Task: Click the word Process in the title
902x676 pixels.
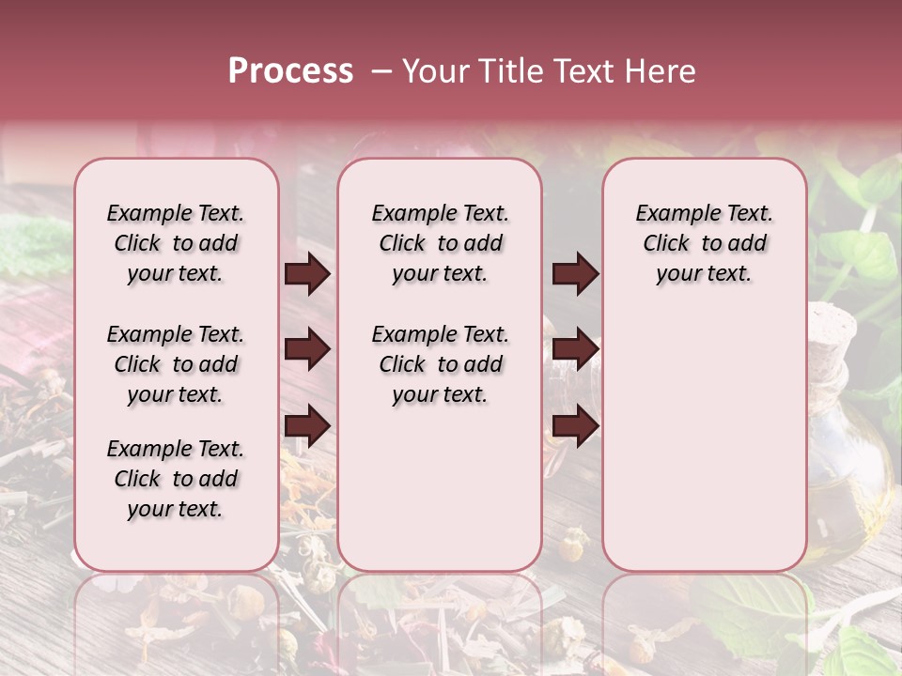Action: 290,71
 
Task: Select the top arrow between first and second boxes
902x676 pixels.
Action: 307,274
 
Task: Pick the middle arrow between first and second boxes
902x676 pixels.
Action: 307,350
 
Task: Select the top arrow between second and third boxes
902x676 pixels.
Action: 575,274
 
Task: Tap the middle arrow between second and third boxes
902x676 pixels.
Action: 575,350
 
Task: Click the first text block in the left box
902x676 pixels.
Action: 176,243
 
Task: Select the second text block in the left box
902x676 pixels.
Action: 176,364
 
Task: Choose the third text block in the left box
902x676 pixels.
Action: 176,479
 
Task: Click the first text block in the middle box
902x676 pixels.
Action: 440,243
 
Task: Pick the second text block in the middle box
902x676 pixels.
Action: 440,364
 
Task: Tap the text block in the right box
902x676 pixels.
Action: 704,243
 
